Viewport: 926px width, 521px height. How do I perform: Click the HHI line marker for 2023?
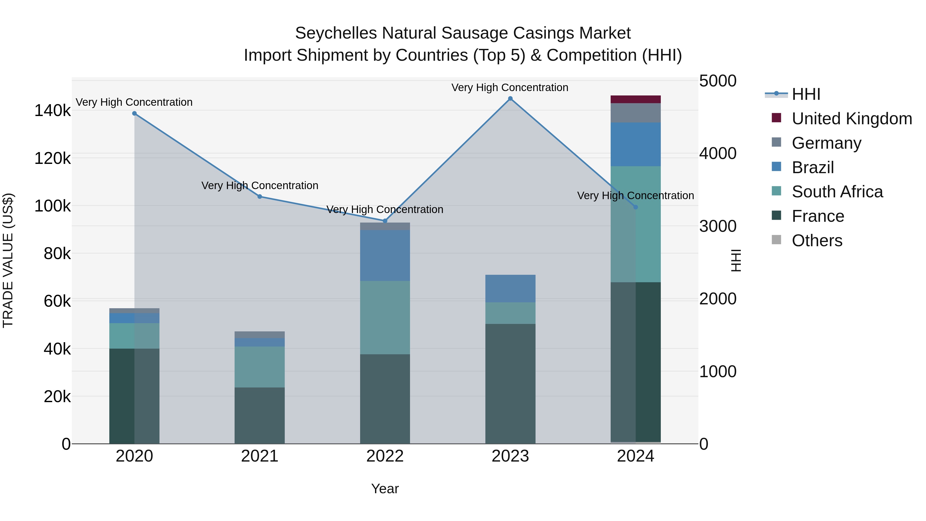pyautogui.click(x=510, y=99)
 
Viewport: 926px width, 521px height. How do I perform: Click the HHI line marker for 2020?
pyautogui.click(x=135, y=113)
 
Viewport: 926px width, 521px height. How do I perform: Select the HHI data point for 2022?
pyautogui.click(x=385, y=221)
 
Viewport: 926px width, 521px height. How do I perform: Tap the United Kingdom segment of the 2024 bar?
pyautogui.click(x=636, y=99)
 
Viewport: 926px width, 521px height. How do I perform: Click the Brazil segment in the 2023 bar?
pyautogui.click(x=510, y=288)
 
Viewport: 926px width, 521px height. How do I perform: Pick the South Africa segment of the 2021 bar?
pyautogui.click(x=260, y=367)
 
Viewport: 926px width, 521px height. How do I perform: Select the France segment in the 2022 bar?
pyautogui.click(x=385, y=399)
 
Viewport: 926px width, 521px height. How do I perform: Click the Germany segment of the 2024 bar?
pyautogui.click(x=636, y=113)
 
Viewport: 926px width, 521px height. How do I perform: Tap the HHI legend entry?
pyautogui.click(x=806, y=94)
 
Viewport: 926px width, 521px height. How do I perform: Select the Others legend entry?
pyautogui.click(x=817, y=241)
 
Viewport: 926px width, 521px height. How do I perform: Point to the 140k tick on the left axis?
pyautogui.click(x=52, y=110)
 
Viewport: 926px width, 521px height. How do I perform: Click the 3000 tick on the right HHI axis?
pyautogui.click(x=717, y=226)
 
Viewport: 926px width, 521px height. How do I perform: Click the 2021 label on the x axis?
pyautogui.click(x=260, y=456)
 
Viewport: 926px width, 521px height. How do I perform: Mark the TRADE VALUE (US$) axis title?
pyautogui.click(x=8, y=260)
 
